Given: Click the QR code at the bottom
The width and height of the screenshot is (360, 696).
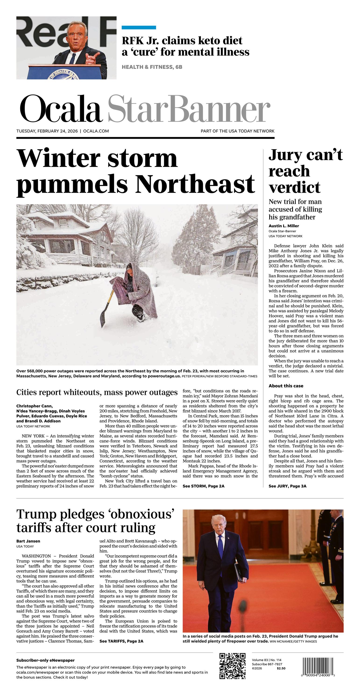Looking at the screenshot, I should pyautogui.click(x=232, y=666).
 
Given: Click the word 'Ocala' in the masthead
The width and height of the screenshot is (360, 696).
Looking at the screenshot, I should pyautogui.click(x=61, y=109).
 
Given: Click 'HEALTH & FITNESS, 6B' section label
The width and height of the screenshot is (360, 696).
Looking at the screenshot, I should pyautogui.click(x=152, y=67).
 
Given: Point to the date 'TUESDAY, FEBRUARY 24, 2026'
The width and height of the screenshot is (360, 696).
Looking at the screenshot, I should pyautogui.click(x=47, y=131).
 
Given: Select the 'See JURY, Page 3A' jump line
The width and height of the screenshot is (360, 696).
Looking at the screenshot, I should pyautogui.click(x=287, y=486).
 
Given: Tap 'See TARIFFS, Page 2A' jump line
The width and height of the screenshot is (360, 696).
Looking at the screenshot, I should pyautogui.click(x=121, y=641).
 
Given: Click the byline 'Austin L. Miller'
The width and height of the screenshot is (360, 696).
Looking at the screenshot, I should pyautogui.click(x=284, y=226).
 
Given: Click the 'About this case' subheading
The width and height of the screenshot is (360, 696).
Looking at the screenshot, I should pyautogui.click(x=286, y=386).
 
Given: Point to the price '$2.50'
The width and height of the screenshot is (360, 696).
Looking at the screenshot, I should pyautogui.click(x=281, y=668).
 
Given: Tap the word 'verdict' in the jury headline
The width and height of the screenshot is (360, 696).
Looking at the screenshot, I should pyautogui.click(x=294, y=187).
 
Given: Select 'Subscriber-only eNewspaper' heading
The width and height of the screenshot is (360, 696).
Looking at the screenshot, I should pyautogui.click(x=45, y=660).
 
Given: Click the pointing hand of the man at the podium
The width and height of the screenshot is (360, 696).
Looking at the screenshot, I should pyautogui.click(x=91, y=57).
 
